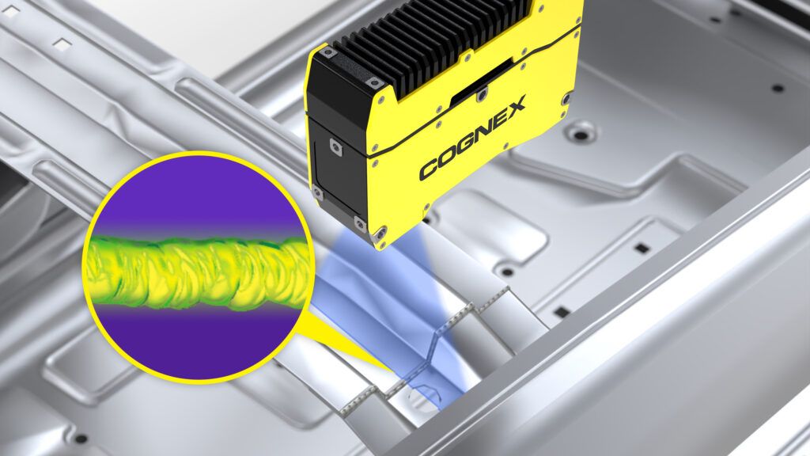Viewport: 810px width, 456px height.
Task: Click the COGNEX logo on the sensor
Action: (x=473, y=138)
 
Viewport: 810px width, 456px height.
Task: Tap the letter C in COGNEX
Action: (x=428, y=169)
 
